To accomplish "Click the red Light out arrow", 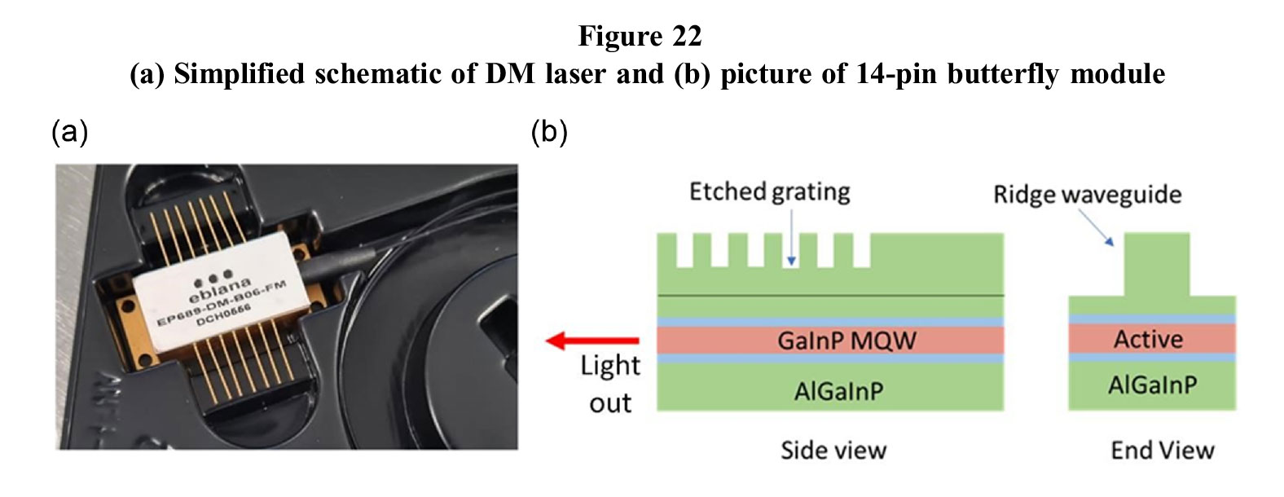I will pos(592,341).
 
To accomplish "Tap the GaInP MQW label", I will pos(846,340).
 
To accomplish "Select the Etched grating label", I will pos(769,191).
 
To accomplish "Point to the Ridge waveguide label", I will pos(1087,195).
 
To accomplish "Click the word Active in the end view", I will pos(1148,339).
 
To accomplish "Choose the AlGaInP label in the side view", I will pos(838,391).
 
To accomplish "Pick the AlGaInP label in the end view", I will pos(1152,385).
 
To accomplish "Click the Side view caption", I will pos(833,450).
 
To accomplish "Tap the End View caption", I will pos(1162,450).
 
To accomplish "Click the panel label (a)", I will pos(69,131).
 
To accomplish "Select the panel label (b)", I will pos(549,131).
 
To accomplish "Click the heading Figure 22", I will pos(640,36).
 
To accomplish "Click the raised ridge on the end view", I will pos(1156,263).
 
